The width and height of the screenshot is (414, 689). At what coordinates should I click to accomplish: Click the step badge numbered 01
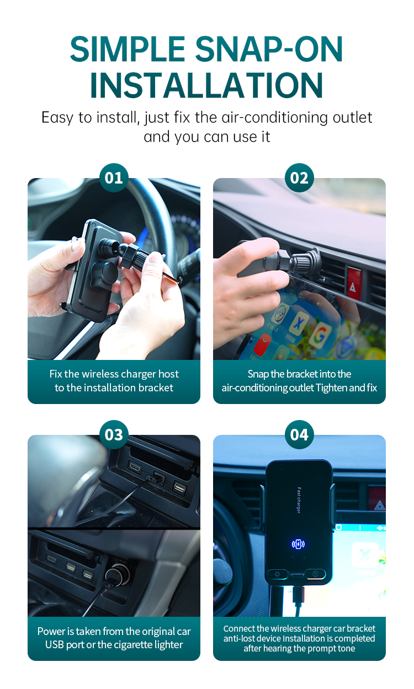coord(114,178)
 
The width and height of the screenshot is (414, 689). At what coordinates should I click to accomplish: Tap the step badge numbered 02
coord(299,178)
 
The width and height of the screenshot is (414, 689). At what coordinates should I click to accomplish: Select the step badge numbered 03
coord(114,435)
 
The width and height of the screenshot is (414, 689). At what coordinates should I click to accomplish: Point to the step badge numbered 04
coord(299,435)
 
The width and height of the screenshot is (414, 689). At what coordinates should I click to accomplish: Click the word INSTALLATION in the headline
coord(206,85)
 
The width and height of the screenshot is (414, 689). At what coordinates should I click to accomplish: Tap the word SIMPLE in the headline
coord(127,49)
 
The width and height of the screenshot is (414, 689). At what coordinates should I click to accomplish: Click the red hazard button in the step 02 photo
coord(354,283)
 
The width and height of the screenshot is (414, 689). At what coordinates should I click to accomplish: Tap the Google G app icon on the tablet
coord(321,335)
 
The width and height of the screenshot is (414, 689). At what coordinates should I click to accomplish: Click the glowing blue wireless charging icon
coord(298,544)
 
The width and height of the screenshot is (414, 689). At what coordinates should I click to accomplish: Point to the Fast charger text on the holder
coord(299,500)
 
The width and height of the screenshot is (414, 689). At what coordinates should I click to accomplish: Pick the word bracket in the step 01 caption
coord(156,387)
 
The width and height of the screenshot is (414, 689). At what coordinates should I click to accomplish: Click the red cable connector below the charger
coord(299,593)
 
